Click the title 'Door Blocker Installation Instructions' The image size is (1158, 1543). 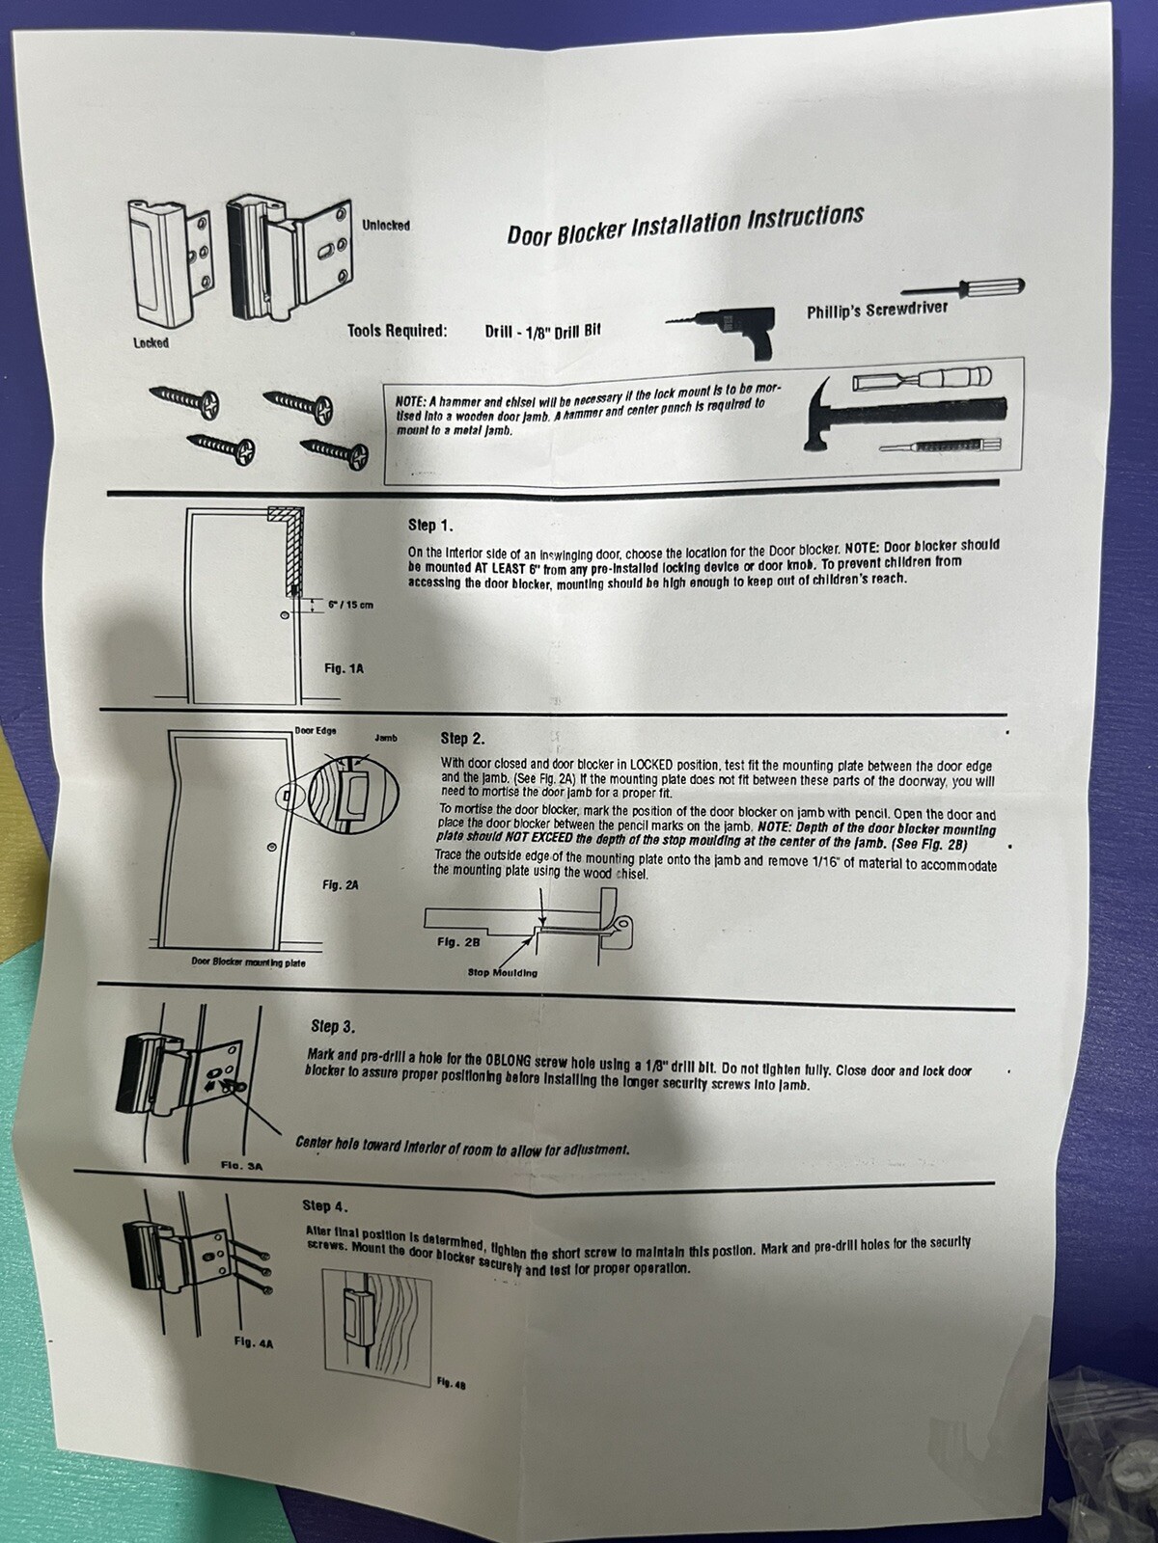(685, 224)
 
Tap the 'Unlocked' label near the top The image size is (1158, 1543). (386, 226)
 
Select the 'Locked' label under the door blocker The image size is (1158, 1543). (152, 343)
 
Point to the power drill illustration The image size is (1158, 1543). (721, 333)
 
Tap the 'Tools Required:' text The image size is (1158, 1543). (398, 331)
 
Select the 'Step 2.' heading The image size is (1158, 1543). (462, 738)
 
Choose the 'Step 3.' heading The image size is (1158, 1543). (333, 1027)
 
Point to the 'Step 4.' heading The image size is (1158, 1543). (325, 1206)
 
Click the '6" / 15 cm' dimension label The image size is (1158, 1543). (351, 605)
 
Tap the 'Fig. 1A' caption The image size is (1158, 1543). (344, 668)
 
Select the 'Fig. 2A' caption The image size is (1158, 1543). (341, 885)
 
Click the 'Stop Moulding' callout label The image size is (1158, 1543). (502, 973)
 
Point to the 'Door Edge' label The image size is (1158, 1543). (315, 730)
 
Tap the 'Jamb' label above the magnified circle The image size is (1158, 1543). (386, 738)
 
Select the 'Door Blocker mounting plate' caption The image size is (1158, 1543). (248, 962)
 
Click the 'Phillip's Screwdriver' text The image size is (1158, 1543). (877, 310)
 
